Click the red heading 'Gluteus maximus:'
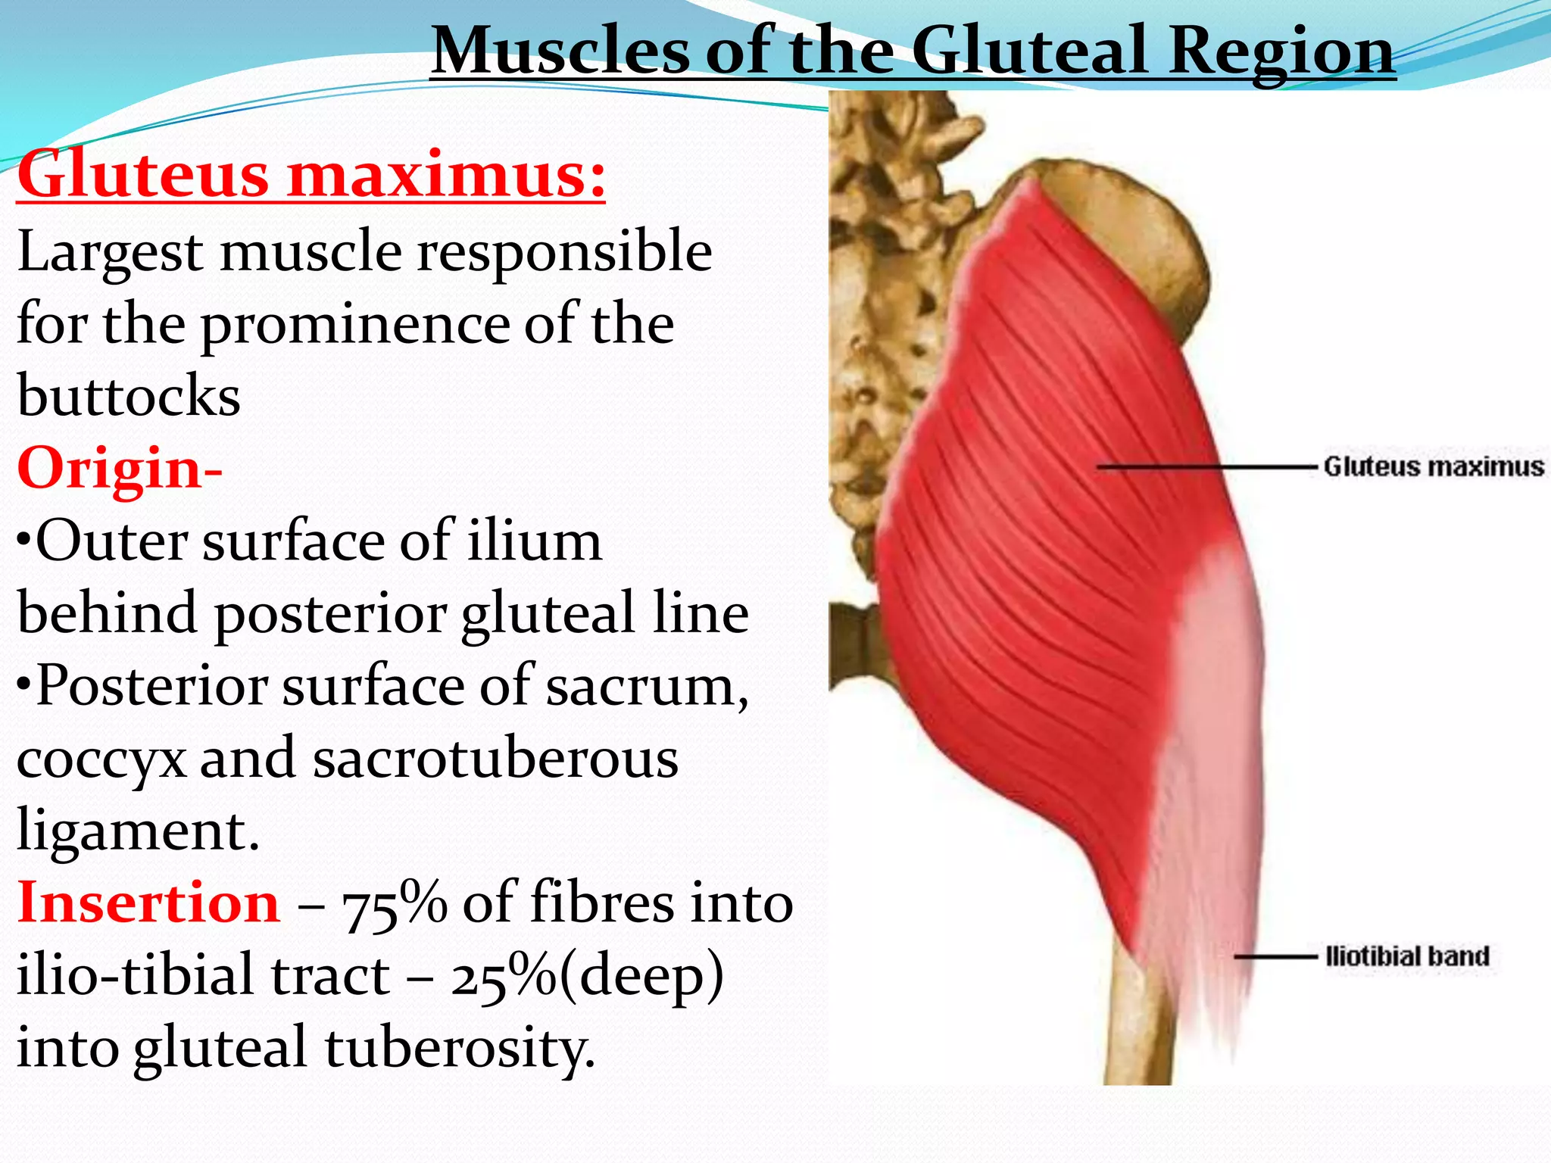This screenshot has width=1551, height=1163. tap(311, 174)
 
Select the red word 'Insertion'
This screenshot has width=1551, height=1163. tap(148, 903)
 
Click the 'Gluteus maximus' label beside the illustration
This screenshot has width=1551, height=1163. tap(1433, 466)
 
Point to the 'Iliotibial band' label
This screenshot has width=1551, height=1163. tap(1407, 956)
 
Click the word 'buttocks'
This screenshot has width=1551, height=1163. tap(129, 395)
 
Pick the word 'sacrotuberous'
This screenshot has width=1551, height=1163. tap(495, 759)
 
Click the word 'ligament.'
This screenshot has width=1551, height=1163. tap(138, 831)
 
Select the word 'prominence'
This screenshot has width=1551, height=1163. tap(354, 324)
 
